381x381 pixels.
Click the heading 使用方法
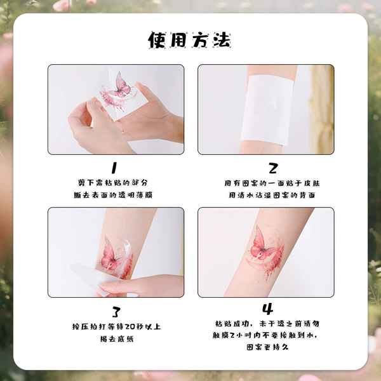pos(189,40)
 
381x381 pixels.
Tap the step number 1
pos(114,168)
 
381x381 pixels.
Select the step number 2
pos(273,168)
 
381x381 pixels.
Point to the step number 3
pos(116,312)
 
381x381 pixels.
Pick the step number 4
pos(267,309)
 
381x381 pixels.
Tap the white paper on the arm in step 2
pos(267,110)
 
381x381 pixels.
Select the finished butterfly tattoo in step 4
pos(267,253)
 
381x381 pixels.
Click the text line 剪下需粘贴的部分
pos(113,182)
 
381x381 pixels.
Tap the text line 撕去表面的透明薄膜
pos(113,195)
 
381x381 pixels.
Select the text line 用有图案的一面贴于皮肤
pos(272,183)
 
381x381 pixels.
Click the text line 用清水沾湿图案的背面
pos(272,195)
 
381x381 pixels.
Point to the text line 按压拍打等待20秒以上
pos(116,326)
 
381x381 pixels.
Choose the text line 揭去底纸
pos(117,338)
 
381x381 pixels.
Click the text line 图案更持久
pos(267,347)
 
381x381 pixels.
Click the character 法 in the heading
pos(222,40)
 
